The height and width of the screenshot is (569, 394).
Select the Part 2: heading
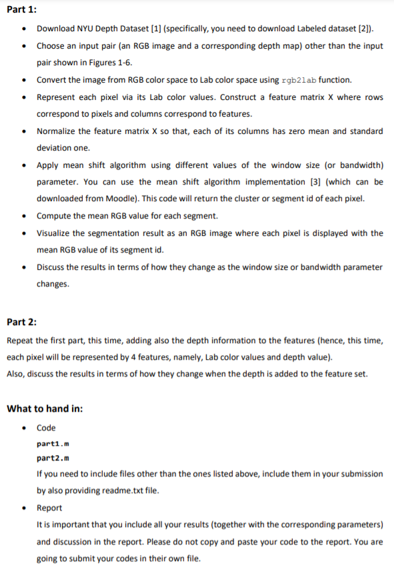[x=21, y=322]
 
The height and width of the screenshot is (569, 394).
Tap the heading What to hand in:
[x=45, y=408]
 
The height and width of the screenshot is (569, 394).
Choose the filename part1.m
[x=49, y=443]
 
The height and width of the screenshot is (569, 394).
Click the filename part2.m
[x=49, y=458]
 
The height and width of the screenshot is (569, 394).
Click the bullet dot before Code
[x=25, y=428]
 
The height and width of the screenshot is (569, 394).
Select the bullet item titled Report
[x=49, y=507]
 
